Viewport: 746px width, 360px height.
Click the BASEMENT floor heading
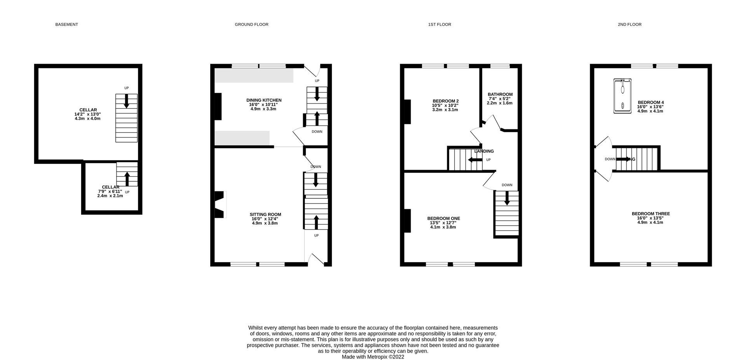click(x=66, y=24)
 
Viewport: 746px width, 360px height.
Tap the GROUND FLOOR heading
click(x=251, y=24)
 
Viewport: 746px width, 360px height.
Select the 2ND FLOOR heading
click(x=629, y=24)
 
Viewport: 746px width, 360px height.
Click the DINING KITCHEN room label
click(x=264, y=100)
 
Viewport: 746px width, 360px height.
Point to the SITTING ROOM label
click(x=265, y=214)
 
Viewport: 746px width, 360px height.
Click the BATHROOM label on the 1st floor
click(x=500, y=94)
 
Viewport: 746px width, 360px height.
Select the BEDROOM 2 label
click(x=445, y=101)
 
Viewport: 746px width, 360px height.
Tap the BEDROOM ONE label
click(x=443, y=218)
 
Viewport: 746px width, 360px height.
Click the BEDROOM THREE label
click(x=650, y=214)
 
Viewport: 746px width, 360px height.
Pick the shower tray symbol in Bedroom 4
click(x=622, y=96)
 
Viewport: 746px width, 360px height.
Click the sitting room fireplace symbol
click(x=220, y=205)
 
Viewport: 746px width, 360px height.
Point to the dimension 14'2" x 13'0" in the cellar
click(x=88, y=114)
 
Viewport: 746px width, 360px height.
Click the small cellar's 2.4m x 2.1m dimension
click(x=110, y=196)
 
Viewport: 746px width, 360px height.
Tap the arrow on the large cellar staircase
click(x=126, y=101)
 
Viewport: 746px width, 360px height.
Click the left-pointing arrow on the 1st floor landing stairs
click(x=475, y=160)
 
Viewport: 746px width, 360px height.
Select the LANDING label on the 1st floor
click(x=484, y=151)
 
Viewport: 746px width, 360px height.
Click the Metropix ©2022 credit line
click(x=373, y=357)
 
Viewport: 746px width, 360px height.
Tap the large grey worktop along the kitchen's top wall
click(x=254, y=75)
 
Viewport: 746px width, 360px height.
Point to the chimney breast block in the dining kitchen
click(x=218, y=106)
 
